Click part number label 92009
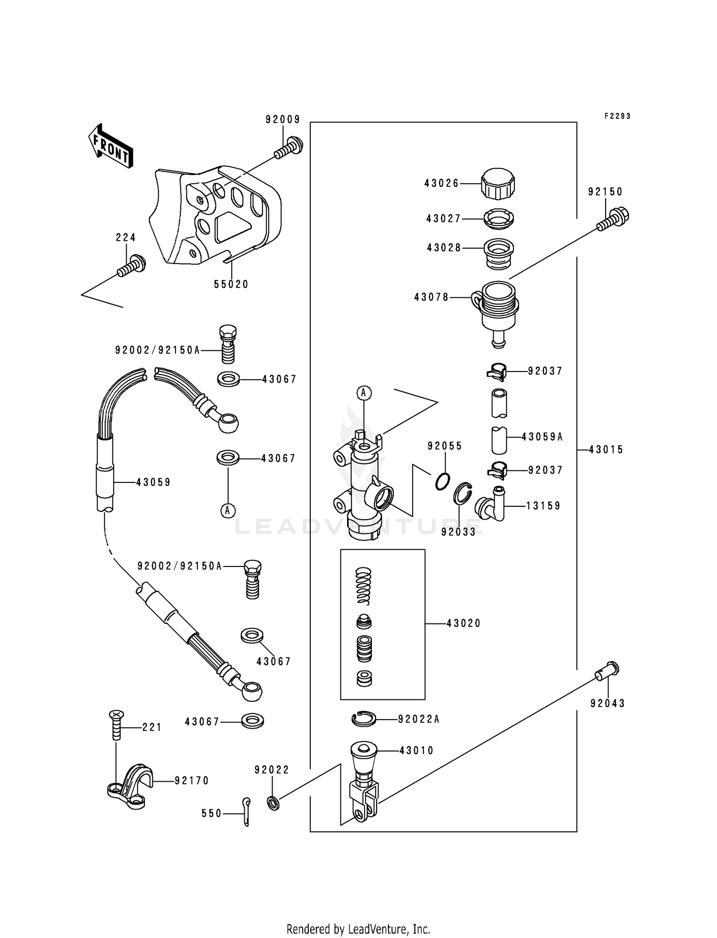(x=283, y=120)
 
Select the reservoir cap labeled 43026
(x=498, y=184)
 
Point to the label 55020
(x=231, y=284)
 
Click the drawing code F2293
(x=617, y=116)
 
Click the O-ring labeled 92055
(x=443, y=481)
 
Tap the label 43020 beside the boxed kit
(x=463, y=623)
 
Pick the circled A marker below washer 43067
(x=228, y=511)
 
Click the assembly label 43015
(x=606, y=450)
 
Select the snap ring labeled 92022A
(x=364, y=719)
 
